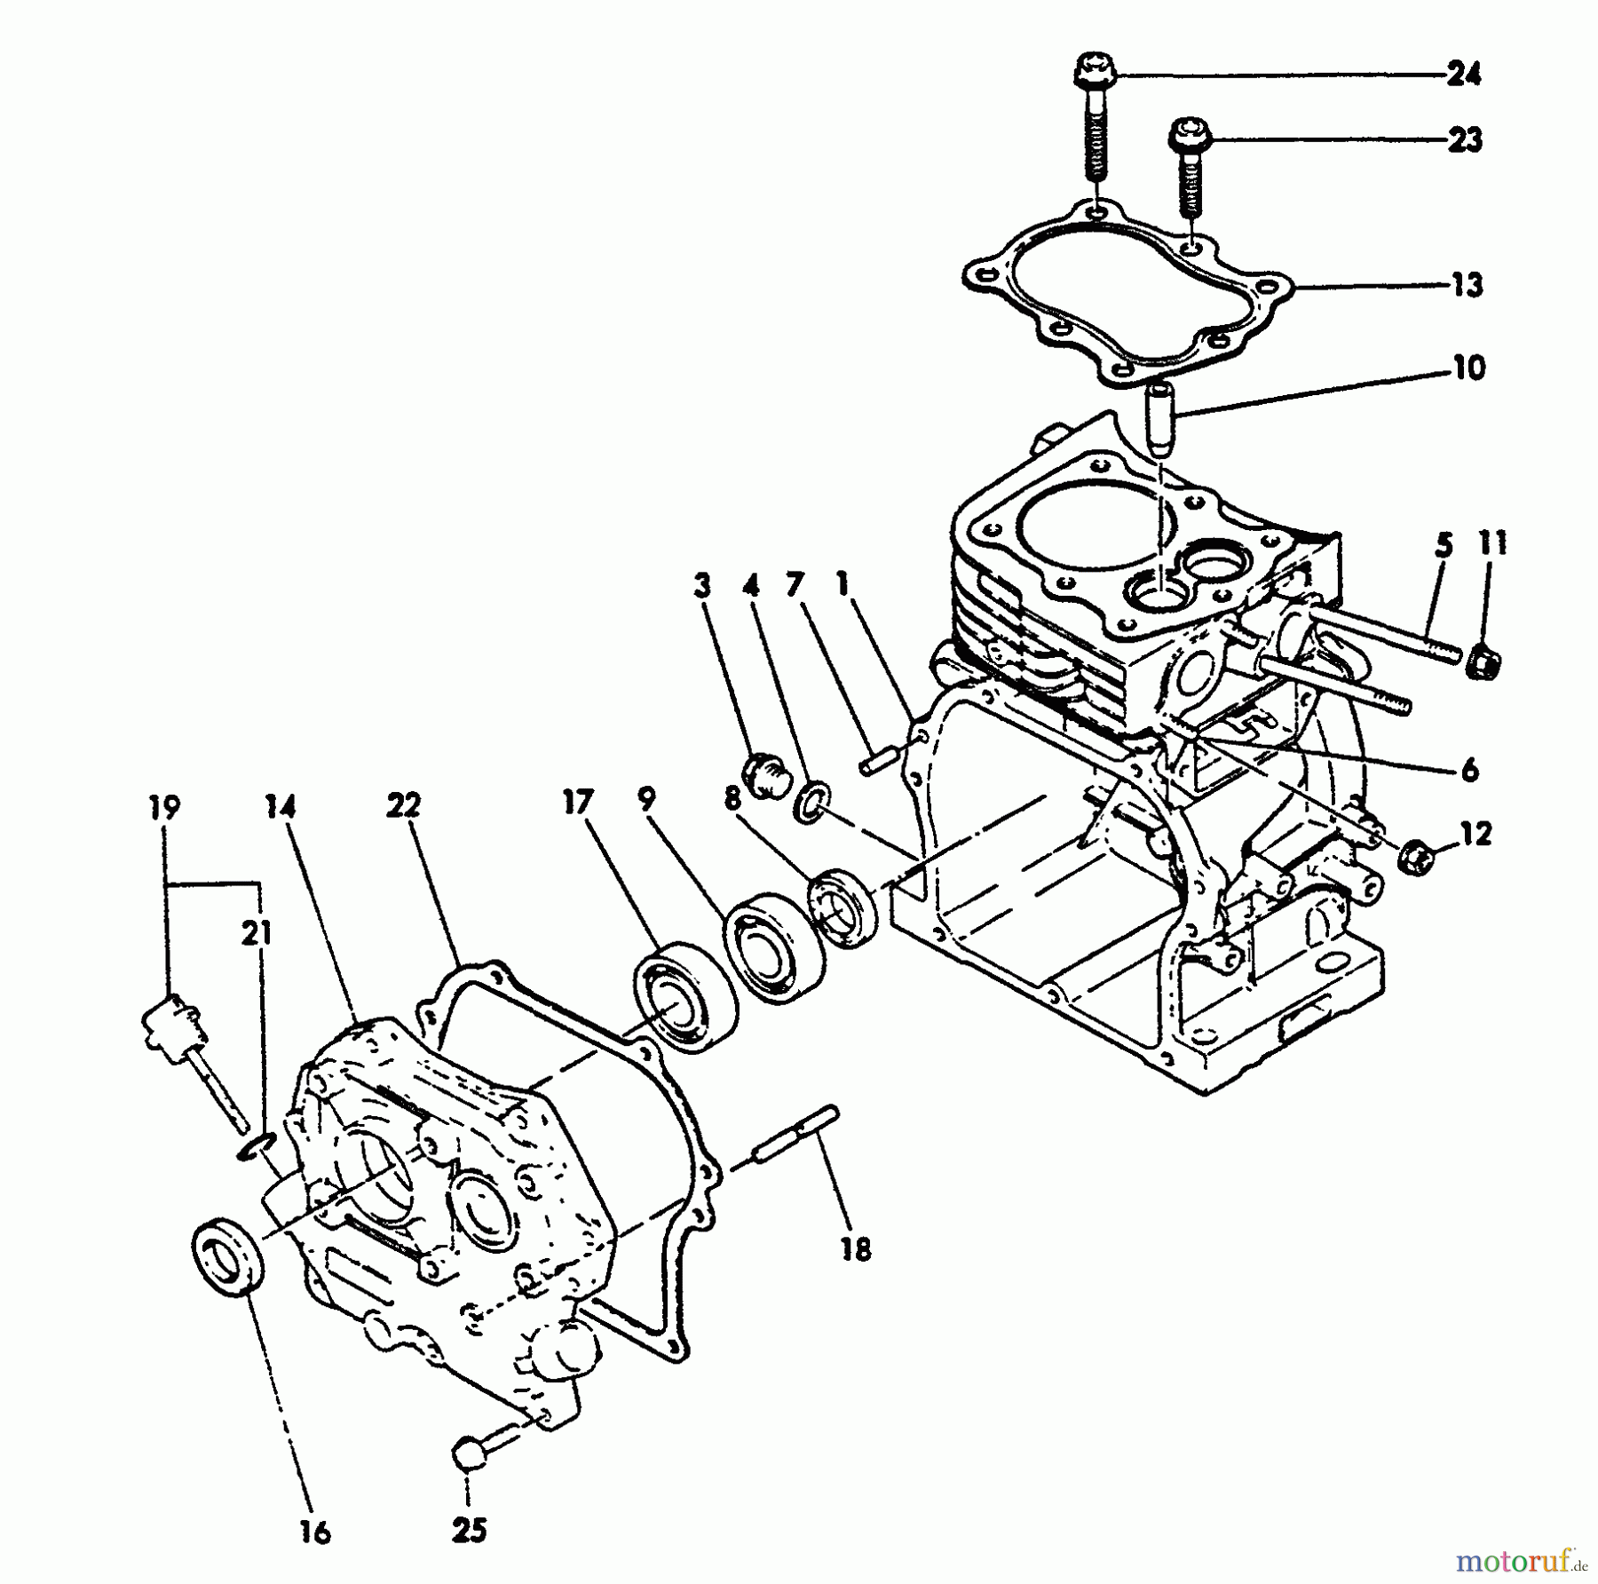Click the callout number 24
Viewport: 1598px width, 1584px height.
coord(1463,75)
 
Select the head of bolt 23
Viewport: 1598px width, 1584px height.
coord(1187,135)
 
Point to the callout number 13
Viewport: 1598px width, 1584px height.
coord(1466,286)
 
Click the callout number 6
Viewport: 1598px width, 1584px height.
coord(1469,770)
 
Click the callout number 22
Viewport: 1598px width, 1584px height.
coord(403,806)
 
